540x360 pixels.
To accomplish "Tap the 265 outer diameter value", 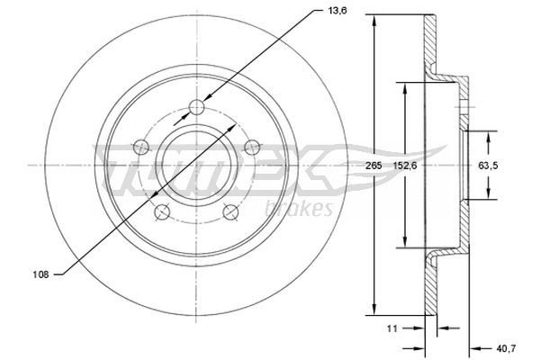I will (360, 166).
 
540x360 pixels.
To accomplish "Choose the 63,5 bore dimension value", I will (487, 166).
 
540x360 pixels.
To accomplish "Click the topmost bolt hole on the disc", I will (198, 109).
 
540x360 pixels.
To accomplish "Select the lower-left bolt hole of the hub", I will (162, 211).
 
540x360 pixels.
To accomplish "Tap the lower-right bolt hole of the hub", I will (232, 211).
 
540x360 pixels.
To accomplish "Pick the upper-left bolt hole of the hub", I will (139, 144).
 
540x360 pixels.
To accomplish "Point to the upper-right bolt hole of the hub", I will (255, 144).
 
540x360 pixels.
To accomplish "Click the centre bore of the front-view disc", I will (197, 165).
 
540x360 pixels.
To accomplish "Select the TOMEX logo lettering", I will (220, 175).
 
